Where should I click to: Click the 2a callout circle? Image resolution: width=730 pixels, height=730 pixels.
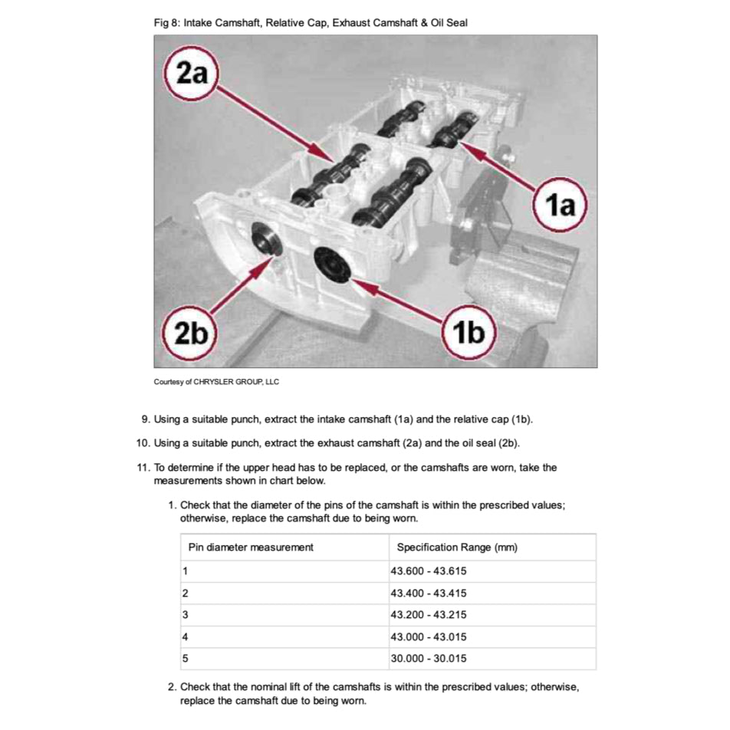191,74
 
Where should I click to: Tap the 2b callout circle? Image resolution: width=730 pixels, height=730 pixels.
190,334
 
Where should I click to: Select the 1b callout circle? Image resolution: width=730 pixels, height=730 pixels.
469,334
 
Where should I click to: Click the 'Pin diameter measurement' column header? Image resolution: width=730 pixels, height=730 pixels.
251,547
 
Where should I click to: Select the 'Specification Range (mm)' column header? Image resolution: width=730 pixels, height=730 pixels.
457,547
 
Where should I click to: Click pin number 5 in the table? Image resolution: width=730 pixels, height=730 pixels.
186,658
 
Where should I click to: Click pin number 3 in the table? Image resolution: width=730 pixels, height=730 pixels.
186,614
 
